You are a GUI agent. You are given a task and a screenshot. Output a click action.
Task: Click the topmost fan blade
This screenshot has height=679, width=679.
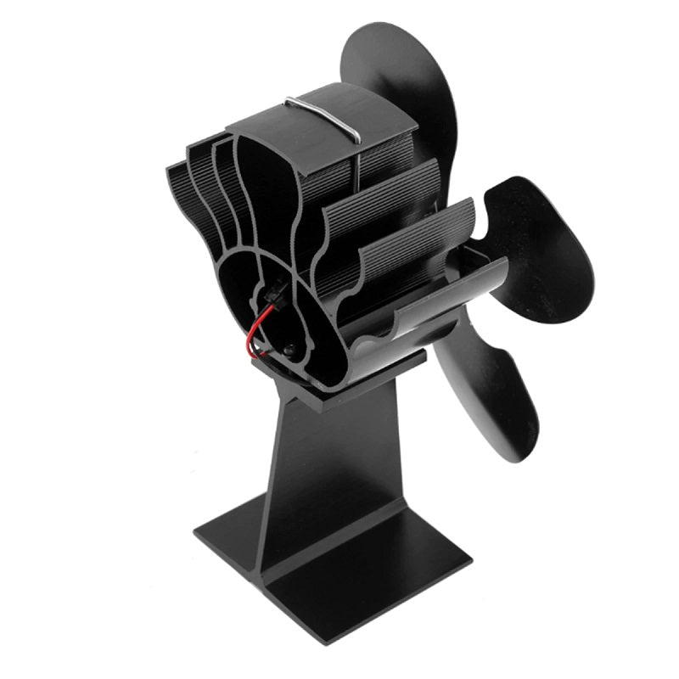tap(399, 93)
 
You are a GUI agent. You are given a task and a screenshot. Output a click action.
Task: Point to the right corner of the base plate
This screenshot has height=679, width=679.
tap(469, 560)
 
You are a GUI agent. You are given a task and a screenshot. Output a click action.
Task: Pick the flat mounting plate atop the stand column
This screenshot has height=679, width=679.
tap(339, 382)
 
